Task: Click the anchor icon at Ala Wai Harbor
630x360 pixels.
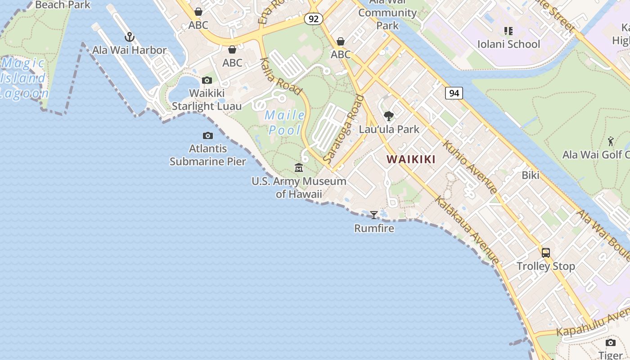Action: coord(130,37)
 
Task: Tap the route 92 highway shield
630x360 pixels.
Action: coord(314,19)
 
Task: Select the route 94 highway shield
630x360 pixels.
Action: coord(454,93)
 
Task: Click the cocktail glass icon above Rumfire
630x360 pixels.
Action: coord(373,215)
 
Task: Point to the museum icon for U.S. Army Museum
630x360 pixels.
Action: coord(299,168)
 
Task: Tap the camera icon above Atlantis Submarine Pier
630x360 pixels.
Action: coord(207,135)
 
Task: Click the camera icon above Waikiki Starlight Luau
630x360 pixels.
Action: coord(207,81)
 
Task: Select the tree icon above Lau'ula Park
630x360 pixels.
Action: coord(389,116)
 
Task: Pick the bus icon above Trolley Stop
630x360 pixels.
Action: coord(546,253)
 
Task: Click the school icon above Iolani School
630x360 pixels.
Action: coord(508,31)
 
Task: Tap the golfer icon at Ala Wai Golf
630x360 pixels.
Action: coord(611,142)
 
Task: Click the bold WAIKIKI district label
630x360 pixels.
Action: coord(411,159)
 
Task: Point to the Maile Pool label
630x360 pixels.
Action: coord(285,122)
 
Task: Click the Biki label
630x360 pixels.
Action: coord(530,175)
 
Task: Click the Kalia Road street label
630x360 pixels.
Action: coord(280,76)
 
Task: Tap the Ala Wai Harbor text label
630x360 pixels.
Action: coord(130,50)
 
